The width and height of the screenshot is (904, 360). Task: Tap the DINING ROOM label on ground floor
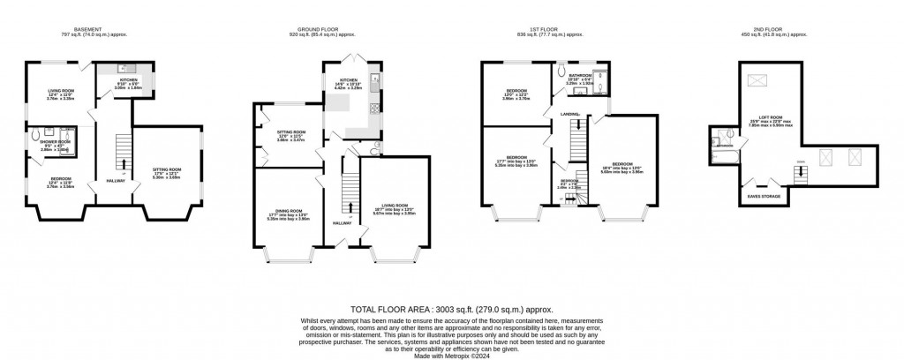(290, 212)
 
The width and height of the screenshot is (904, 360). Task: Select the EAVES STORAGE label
(765, 196)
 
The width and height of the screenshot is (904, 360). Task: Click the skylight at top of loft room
(757, 82)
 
